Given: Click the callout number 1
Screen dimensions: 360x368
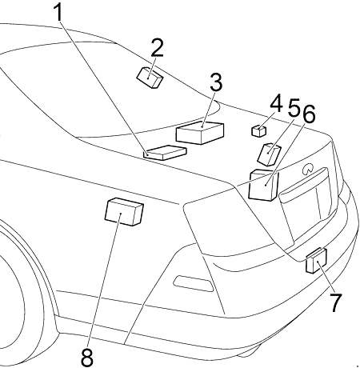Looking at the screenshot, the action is (59, 12).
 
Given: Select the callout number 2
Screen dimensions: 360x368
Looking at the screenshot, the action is (157, 47).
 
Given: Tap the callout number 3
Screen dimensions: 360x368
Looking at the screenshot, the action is (216, 82).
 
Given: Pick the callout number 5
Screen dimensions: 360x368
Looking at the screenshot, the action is (294, 107).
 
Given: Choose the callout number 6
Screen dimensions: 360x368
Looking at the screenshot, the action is (309, 114).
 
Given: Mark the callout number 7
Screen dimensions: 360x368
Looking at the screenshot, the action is (336, 302).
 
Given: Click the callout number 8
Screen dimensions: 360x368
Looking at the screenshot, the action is (87, 357).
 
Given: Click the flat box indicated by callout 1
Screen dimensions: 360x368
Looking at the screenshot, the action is (165, 153).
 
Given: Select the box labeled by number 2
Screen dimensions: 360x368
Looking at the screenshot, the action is (150, 78).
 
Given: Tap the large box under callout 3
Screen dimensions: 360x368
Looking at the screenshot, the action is (200, 133).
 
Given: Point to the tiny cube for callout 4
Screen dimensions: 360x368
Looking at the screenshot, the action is (258, 130).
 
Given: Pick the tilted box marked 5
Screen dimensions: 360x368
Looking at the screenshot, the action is (270, 154).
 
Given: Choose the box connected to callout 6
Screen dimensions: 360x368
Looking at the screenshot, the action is (263, 185).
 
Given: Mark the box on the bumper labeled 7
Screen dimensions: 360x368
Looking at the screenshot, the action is (316, 261).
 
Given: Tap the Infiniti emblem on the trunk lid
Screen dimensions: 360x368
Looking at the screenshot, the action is (308, 169).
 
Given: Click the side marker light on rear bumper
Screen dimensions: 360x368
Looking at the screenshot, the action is (194, 283).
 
